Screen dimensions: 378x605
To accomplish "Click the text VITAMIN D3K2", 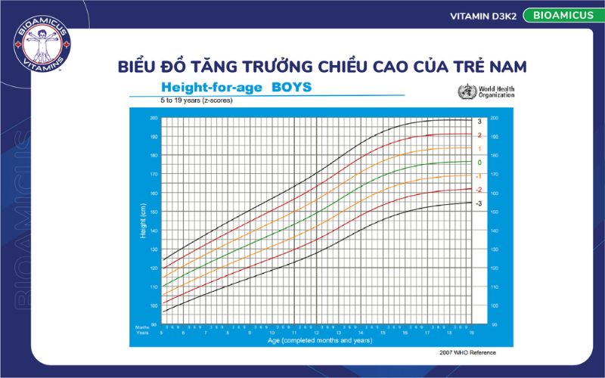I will (x=482, y=16).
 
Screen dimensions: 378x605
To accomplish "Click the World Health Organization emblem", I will (x=464, y=92).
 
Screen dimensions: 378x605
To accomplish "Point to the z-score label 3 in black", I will (x=479, y=122).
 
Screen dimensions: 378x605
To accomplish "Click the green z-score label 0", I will (x=479, y=163).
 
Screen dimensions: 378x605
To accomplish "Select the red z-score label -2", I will (x=478, y=189).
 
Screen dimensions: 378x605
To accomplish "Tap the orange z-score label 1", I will (x=479, y=149).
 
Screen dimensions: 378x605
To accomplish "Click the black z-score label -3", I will (x=478, y=203).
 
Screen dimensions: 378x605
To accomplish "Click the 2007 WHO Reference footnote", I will (x=467, y=352).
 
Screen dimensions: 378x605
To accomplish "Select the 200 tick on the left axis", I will (x=153, y=118).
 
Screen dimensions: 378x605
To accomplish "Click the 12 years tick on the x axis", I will (x=316, y=333).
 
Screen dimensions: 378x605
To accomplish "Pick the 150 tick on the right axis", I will (x=495, y=212).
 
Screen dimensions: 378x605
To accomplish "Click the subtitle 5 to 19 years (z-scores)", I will (x=195, y=100).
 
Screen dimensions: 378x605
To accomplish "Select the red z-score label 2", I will (x=479, y=135).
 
